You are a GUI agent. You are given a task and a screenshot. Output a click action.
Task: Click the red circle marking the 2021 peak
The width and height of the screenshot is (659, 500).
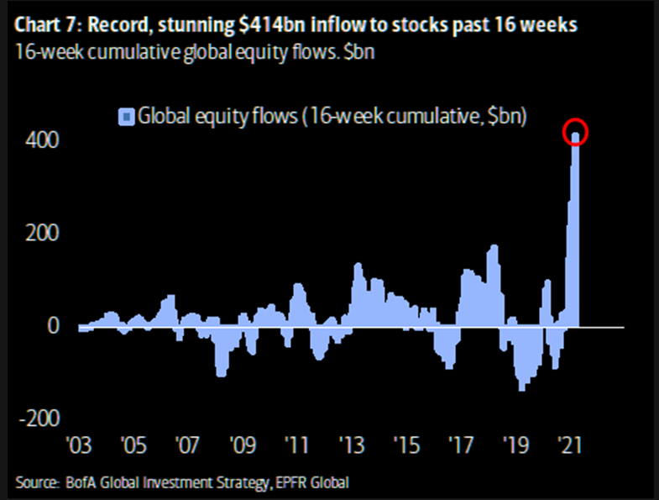coord(576,134)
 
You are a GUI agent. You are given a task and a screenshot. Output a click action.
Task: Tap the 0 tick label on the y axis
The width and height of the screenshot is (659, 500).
coord(53,325)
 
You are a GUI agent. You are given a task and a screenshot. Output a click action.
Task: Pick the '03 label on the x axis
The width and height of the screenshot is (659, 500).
coord(79,443)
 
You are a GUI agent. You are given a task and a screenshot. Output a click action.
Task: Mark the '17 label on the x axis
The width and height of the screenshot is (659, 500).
coord(461,443)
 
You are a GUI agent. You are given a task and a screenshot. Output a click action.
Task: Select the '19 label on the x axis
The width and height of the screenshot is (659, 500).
coord(515,443)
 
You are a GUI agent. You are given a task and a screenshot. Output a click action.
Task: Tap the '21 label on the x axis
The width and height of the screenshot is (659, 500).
coord(570,443)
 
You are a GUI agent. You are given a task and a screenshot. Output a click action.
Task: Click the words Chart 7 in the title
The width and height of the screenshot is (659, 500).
coord(46,26)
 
